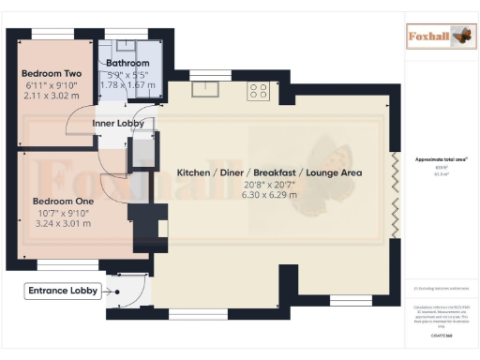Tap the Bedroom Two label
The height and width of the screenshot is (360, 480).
coord(52,72)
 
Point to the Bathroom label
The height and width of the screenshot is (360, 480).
coord(127,63)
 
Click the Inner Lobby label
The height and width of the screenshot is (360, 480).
coord(117,123)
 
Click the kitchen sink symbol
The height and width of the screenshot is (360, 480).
coord(203,90)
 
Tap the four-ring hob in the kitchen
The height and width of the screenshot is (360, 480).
coord(259,91)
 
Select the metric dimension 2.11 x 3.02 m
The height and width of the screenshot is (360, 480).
coord(52,95)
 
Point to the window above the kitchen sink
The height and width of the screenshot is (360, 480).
coord(202,74)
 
